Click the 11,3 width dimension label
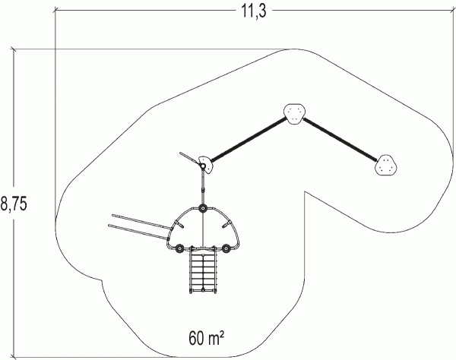(254, 11)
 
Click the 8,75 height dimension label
(14, 203)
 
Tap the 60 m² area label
(207, 338)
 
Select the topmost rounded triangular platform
(295, 114)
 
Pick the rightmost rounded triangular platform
(386, 165)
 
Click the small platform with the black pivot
(206, 165)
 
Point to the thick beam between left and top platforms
(249, 140)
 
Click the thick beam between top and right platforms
(340, 139)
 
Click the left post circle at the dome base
(179, 248)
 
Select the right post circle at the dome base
(226, 248)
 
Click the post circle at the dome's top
(203, 209)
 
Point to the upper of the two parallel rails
(142, 221)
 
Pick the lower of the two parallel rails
(139, 232)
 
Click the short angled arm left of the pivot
(190, 159)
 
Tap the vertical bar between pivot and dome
(203, 188)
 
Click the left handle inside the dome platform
(179, 224)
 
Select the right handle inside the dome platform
(226, 224)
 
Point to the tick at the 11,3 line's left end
(55, 11)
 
